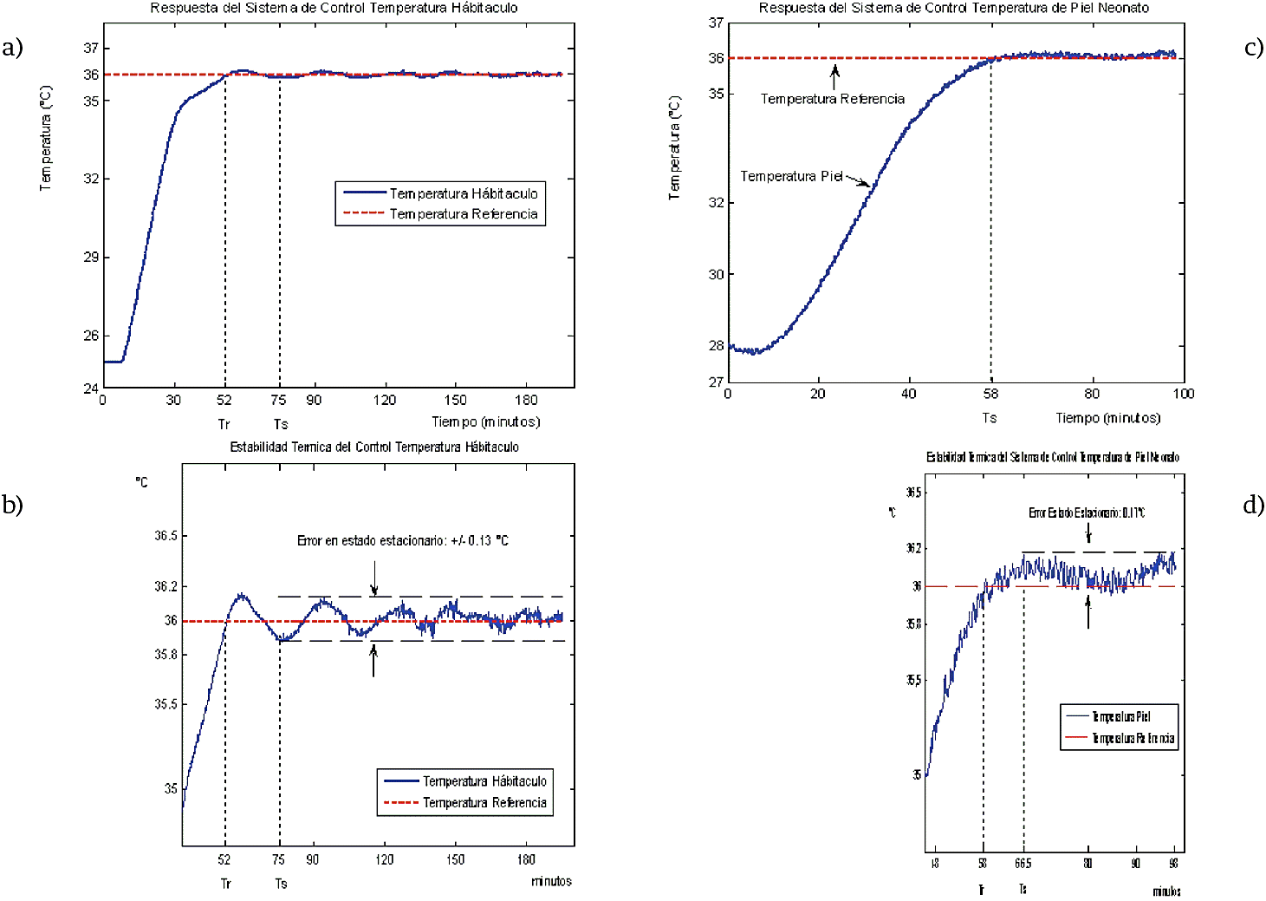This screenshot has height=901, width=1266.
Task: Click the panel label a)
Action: coord(12,48)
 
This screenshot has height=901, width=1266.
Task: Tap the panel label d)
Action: coord(1253,505)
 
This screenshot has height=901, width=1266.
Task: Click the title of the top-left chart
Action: coord(334,8)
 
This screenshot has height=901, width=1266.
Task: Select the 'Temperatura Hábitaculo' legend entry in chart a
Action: coord(463,193)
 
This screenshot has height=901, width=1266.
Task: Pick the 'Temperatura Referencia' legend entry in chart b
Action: coord(484,803)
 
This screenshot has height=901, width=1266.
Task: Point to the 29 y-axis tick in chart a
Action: coord(91,258)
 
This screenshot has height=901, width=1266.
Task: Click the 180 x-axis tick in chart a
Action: coord(526,400)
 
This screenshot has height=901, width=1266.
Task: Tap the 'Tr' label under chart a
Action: coord(224,424)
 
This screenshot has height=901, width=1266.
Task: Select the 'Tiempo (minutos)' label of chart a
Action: coord(485,422)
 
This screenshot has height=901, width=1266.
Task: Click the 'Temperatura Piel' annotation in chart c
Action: coord(791,176)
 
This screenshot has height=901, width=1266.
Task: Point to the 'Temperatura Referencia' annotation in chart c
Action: coord(832,99)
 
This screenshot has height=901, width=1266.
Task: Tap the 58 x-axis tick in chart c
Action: coord(990,394)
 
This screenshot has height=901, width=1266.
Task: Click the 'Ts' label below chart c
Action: coord(990,418)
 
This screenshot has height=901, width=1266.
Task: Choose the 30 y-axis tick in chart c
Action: coord(716,274)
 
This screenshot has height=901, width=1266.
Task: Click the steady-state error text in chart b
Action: coord(402,541)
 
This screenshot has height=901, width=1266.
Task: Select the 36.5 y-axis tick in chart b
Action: coord(166,536)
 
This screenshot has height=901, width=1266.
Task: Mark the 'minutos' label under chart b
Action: coord(551,881)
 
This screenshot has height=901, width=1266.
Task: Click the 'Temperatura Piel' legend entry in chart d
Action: coord(1120,716)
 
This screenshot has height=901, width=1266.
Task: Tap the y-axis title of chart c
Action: coord(674,148)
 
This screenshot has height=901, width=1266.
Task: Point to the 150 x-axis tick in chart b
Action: coord(455,859)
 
